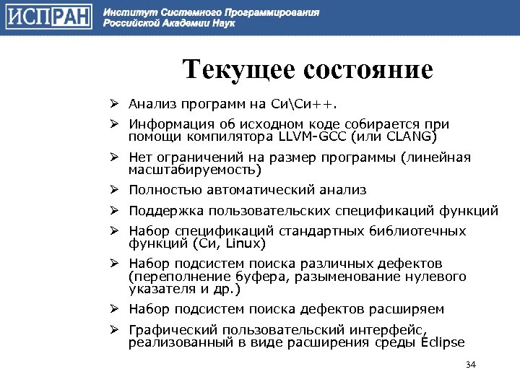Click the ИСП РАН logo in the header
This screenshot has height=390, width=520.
click(48, 17)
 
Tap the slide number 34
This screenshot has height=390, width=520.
click(471, 364)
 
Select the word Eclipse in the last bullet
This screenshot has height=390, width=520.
click(438, 342)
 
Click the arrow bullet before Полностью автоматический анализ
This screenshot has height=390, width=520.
click(114, 190)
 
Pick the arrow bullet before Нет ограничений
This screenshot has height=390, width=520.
click(114, 157)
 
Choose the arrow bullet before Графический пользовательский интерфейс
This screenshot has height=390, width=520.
click(114, 330)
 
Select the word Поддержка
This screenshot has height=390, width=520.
click(165, 211)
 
